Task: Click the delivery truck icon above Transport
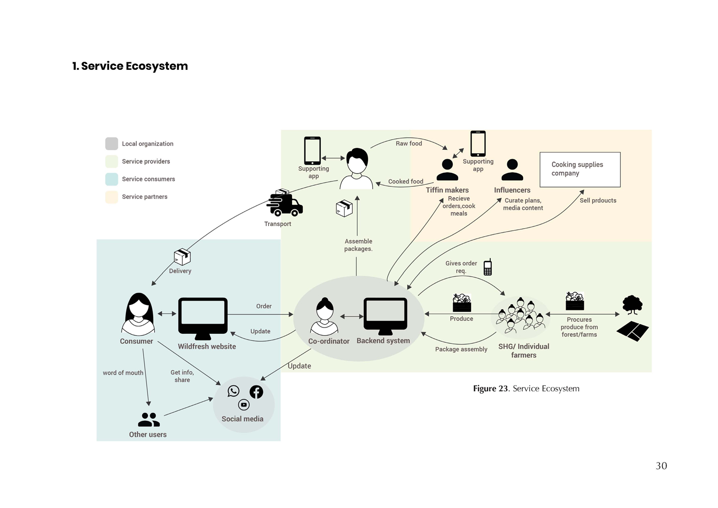point(285,203)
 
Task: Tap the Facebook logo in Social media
point(257,392)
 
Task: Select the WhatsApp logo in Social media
point(234,391)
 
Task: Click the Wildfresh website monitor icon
point(203,317)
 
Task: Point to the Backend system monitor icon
point(385,316)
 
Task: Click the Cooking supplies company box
point(580,169)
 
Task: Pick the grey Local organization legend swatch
point(112,144)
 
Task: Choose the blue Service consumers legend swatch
point(112,179)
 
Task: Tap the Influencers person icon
point(512,170)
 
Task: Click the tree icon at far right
point(632,305)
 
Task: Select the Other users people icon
point(149,420)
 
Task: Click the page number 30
point(661,466)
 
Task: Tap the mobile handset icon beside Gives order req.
point(487,267)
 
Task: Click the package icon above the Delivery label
point(182,257)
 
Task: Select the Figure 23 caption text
point(526,389)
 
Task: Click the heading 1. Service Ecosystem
point(130,66)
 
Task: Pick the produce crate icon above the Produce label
point(462,303)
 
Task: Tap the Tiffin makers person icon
point(448,170)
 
